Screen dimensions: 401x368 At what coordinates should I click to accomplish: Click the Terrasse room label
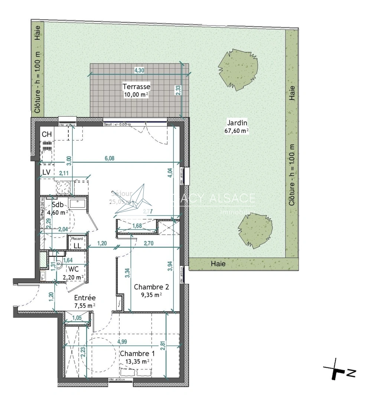pos(136,87)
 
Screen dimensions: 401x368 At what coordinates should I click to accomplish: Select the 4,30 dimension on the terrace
pos(139,70)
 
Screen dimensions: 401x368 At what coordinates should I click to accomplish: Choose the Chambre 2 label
pos(152,287)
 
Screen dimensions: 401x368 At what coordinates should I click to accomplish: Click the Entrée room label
pos(85,298)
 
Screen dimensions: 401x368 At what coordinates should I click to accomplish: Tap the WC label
pos(74,269)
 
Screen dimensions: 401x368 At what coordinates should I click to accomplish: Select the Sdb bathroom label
pos(58,205)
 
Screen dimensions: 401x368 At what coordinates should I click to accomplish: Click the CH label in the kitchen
pos(47,134)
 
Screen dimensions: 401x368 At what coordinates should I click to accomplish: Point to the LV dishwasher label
pos(46,172)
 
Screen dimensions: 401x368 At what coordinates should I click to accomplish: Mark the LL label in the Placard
pos(77,245)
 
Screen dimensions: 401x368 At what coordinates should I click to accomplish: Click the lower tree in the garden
pos(255,231)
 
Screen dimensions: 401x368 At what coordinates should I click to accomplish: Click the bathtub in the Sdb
pos(78,203)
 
